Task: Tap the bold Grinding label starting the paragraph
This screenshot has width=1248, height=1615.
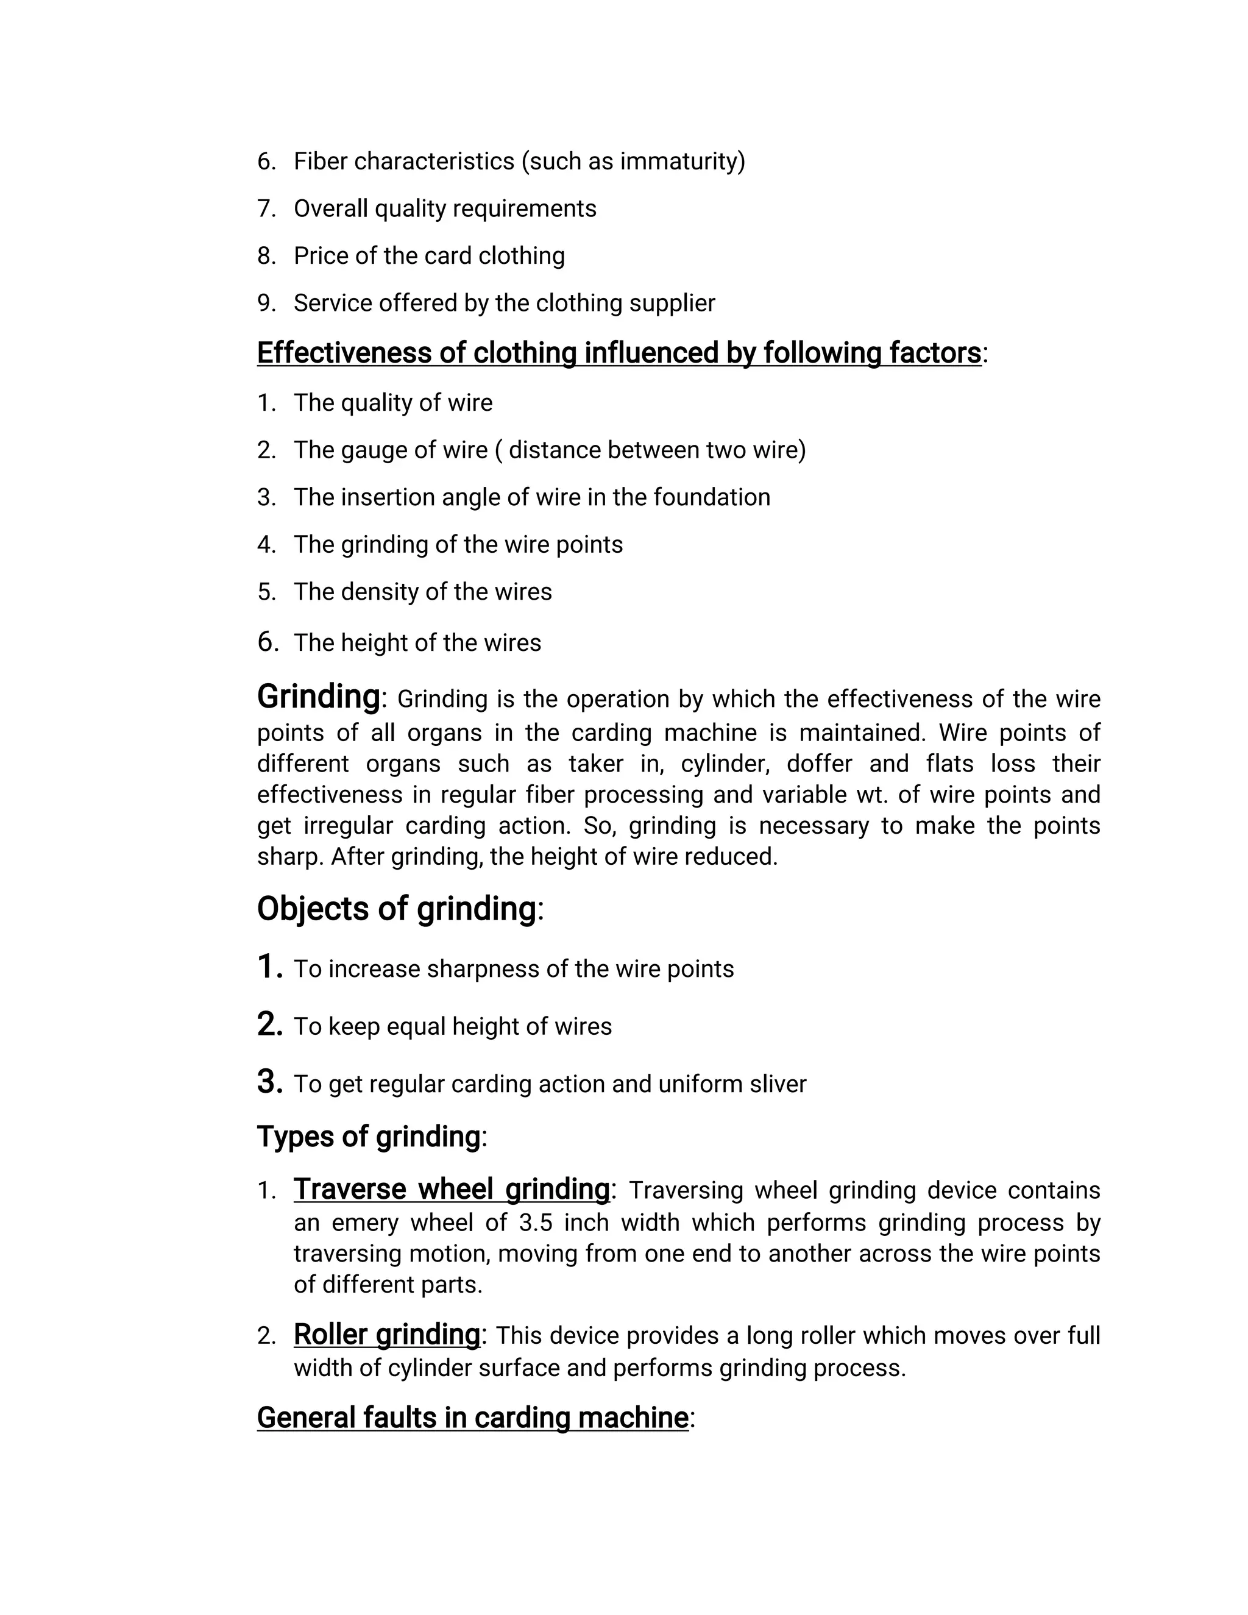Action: [x=319, y=697]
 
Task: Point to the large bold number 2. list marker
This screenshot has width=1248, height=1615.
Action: [x=270, y=1024]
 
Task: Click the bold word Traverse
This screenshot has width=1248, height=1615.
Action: [x=350, y=1189]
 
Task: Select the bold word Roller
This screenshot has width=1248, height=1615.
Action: [x=330, y=1335]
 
